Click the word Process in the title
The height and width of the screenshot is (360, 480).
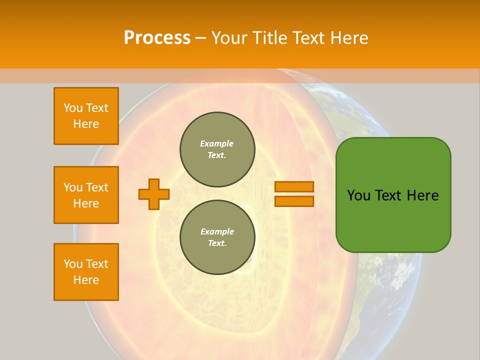[157, 38]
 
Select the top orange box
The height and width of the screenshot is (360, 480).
[86, 116]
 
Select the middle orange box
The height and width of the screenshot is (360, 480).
[86, 195]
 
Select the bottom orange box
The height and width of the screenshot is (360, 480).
[86, 272]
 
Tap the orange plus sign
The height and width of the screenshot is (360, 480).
[154, 194]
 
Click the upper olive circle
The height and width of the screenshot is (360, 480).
[217, 149]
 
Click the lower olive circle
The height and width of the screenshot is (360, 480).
[217, 237]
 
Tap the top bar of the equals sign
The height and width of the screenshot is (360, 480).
[294, 187]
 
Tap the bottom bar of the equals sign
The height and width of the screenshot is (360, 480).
[294, 201]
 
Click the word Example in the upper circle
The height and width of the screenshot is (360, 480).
[216, 143]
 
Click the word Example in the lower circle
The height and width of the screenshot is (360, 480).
[217, 231]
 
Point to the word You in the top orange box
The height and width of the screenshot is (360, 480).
[73, 108]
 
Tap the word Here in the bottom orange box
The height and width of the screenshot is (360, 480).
[86, 280]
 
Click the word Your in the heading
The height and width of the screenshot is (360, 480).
[229, 38]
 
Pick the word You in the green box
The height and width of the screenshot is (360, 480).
[358, 195]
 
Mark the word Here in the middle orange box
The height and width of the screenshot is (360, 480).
[86, 203]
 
